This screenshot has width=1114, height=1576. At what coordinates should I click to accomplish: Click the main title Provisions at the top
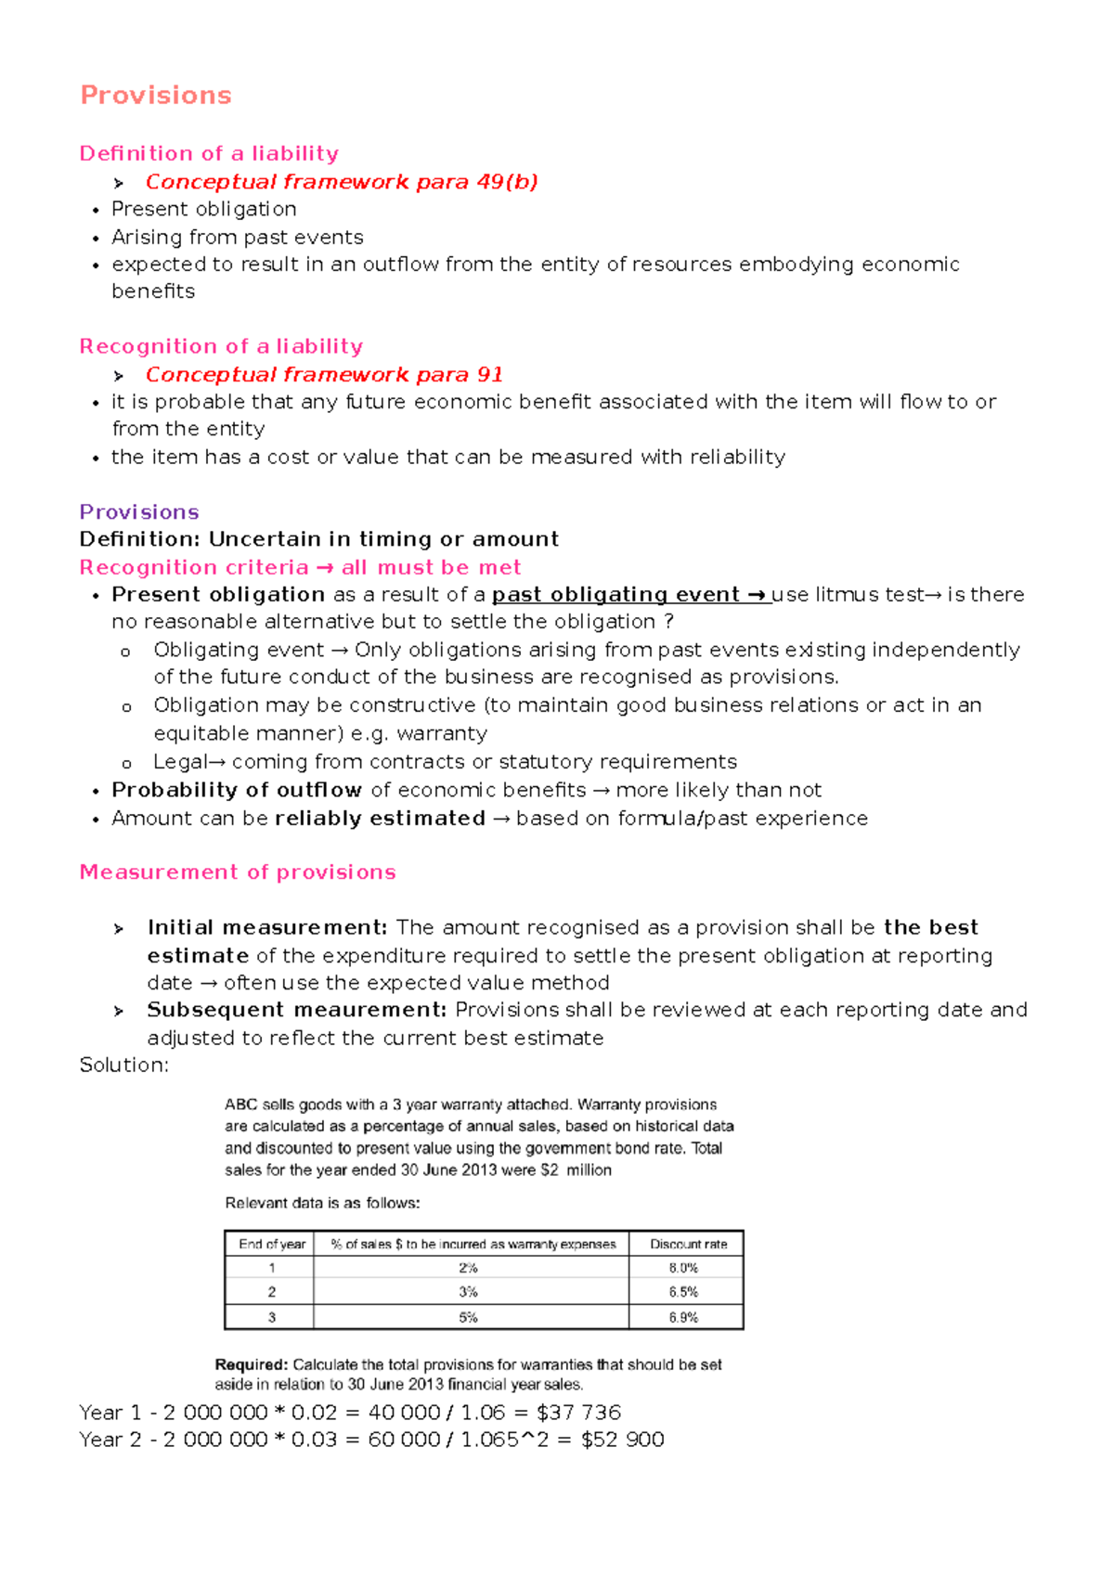(x=156, y=96)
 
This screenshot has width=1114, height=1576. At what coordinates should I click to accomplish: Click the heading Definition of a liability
(x=209, y=153)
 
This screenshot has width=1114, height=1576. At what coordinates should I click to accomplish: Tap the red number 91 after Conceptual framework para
(x=490, y=375)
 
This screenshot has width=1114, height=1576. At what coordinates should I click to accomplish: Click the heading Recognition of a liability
(x=221, y=346)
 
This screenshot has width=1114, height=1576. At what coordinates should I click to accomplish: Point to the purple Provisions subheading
(x=139, y=512)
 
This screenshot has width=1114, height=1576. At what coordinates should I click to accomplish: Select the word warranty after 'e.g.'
(x=442, y=733)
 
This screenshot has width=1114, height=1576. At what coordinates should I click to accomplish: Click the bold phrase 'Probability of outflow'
(x=237, y=790)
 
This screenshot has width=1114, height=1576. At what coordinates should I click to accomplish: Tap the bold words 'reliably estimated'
(x=380, y=819)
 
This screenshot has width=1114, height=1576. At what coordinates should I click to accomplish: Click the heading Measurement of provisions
(x=238, y=872)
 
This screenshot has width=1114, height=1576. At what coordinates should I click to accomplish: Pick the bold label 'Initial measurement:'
(x=267, y=927)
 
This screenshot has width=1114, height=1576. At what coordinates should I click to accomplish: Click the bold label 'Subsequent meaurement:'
(x=297, y=1010)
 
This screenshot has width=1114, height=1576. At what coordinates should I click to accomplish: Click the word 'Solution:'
(x=124, y=1065)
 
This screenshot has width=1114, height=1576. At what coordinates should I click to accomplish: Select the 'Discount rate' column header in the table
(x=688, y=1244)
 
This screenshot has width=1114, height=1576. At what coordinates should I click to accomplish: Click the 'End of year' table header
(x=272, y=1244)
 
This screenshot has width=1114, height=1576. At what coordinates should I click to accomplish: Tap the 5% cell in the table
(x=468, y=1317)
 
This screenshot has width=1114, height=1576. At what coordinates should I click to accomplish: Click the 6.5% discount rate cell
(x=683, y=1292)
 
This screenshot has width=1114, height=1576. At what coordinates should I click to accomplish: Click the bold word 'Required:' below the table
(x=252, y=1364)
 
